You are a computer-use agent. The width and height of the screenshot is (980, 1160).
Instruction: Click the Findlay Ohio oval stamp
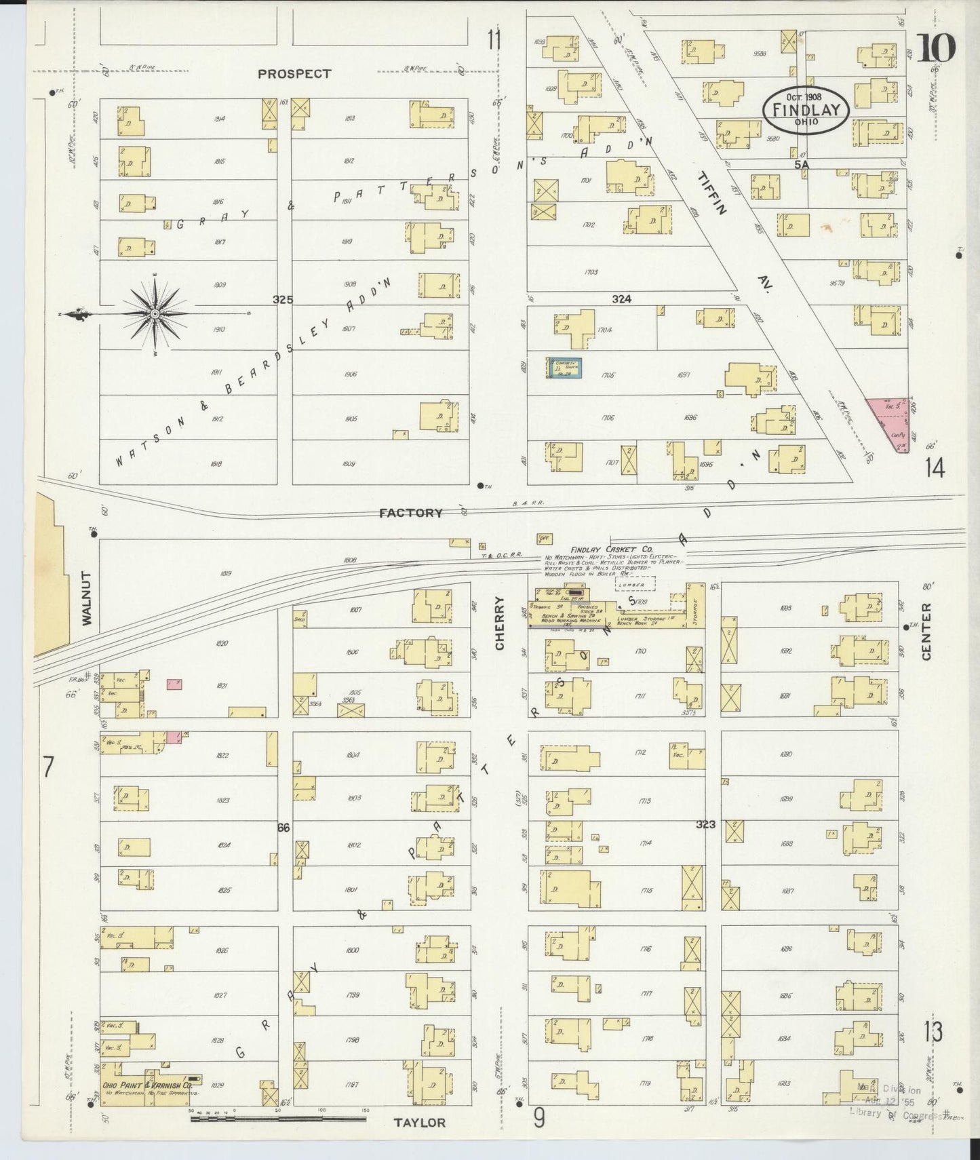point(806,109)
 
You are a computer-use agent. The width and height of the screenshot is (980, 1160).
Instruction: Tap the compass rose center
point(155,313)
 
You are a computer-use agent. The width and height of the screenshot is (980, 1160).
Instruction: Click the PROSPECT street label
point(294,74)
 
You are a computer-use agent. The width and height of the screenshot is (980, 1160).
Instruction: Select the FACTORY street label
point(411,514)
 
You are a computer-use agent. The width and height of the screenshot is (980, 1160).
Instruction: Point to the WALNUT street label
point(86,597)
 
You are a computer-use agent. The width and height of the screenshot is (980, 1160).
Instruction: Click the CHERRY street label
point(500,623)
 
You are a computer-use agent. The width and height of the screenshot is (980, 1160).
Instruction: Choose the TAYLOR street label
point(420,1123)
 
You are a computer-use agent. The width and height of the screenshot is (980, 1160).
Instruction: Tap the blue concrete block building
point(565,368)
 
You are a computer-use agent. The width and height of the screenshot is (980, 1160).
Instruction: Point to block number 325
point(283,299)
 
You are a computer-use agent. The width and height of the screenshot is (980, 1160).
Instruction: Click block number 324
point(621,298)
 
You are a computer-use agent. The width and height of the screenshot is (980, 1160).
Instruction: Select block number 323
point(705,824)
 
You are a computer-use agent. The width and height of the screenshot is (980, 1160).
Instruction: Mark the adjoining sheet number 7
point(47,767)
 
